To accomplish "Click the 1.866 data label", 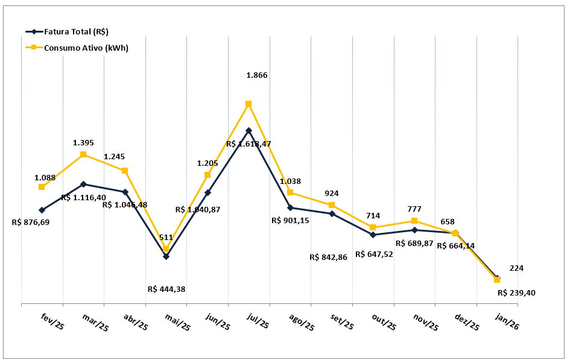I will point(256,75).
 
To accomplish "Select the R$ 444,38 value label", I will point(166,289).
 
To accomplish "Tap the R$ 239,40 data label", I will point(517,293).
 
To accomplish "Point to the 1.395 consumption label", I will point(83,143).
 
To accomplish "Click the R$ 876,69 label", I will point(31,222).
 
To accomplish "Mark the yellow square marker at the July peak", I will point(249,104).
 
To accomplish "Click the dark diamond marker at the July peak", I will point(249,130).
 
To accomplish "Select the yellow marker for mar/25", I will point(83,154).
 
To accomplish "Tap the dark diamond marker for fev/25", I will point(42,210).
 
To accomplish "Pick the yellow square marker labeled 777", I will point(414,221).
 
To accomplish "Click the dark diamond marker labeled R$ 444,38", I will point(166,256).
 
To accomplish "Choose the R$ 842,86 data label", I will point(329,257).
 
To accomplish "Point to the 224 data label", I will point(516,268).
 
